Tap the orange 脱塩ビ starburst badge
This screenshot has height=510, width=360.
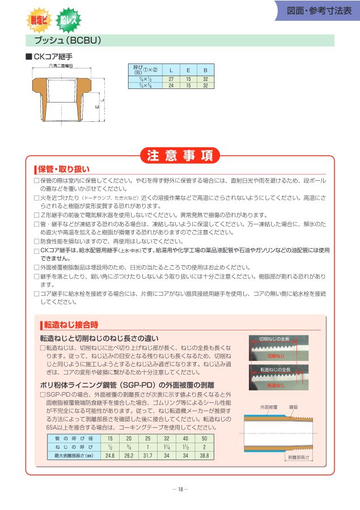[x=39, y=20]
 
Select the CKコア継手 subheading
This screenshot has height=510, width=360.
[x=53, y=57]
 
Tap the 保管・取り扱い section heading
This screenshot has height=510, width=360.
[x=63, y=169]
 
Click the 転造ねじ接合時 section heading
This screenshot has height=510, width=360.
[x=71, y=325]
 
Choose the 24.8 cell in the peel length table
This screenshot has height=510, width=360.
[x=110, y=455]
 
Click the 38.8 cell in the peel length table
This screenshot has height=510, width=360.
[x=204, y=455]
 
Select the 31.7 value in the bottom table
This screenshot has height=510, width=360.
[x=148, y=455]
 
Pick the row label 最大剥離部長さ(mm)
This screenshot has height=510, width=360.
[x=73, y=455]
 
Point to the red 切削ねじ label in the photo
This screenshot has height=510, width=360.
[x=276, y=356]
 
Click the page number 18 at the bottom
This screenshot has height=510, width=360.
[x=180, y=490]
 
